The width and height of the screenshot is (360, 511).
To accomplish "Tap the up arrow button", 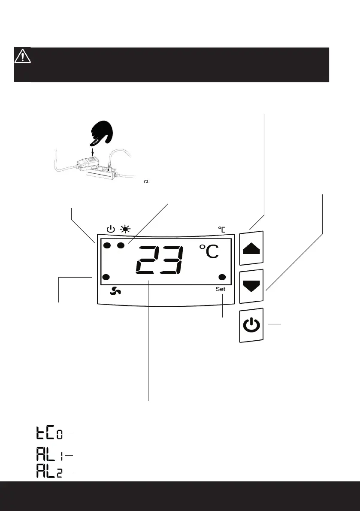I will tap(251, 248).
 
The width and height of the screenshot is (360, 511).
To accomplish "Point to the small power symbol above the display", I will tap(110, 229).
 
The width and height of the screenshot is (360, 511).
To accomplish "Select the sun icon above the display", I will tap(126, 229).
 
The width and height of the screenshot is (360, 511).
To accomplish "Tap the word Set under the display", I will tap(220, 289).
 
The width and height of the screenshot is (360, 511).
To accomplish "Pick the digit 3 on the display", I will tap(172, 261).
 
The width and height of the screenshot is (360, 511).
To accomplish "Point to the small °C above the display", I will tap(221, 230).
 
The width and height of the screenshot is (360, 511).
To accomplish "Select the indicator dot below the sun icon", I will tap(121, 246).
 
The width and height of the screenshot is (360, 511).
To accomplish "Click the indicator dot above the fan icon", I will tap(107, 277).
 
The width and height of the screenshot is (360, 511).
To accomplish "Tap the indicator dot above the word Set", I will tap(222, 277).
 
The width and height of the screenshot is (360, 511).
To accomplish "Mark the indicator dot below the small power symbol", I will tap(107, 246).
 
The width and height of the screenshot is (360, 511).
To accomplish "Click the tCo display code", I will tap(48, 434).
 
